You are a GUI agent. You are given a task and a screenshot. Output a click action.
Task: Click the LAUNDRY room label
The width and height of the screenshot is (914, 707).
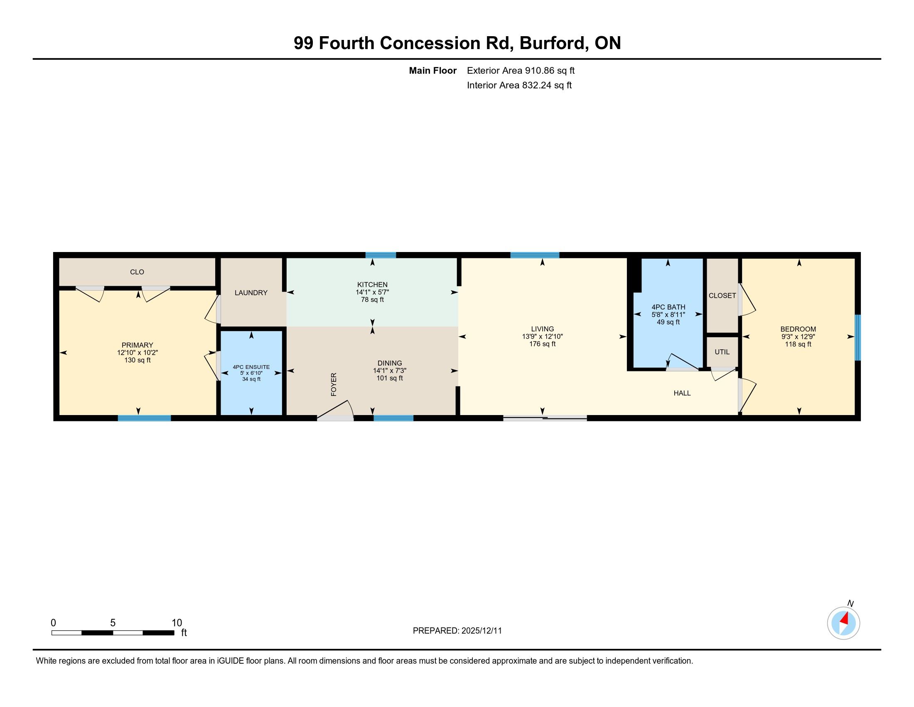251,293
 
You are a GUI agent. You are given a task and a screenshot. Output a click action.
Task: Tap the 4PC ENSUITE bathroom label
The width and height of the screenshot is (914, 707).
251,367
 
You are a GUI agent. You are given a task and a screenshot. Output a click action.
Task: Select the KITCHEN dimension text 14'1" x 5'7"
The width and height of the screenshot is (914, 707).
372,292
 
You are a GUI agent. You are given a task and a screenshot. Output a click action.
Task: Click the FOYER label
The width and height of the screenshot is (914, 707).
334,384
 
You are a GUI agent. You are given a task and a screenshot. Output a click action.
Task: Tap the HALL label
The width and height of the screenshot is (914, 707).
682,393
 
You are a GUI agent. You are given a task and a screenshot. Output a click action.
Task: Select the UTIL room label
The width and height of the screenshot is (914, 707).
722,352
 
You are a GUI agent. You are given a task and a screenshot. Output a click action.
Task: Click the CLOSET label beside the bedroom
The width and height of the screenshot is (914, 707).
722,296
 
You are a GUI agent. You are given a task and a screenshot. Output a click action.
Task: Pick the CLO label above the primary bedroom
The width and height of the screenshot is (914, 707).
137,272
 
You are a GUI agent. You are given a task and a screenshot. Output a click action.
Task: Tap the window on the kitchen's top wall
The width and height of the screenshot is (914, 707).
381,255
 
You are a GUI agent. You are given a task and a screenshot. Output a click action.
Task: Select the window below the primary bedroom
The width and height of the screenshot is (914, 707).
145,418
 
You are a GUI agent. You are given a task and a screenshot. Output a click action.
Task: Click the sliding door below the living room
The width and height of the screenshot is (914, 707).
545,418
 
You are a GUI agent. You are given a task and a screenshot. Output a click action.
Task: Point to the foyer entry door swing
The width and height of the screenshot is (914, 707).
337,410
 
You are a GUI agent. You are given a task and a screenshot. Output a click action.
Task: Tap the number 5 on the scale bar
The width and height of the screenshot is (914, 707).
113,623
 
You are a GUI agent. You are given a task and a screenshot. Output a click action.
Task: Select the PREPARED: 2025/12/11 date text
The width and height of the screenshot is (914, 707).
457,630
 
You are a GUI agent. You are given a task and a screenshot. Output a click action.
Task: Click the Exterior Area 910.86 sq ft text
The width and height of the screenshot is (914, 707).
521,70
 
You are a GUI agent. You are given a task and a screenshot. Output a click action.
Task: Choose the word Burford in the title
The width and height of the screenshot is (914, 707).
553,43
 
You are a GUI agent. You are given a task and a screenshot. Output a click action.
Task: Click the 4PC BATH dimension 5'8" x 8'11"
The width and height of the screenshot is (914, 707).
668,314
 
